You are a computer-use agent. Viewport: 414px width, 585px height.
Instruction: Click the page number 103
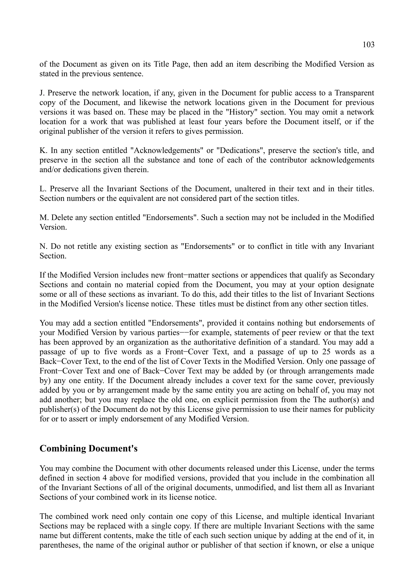point(368,45)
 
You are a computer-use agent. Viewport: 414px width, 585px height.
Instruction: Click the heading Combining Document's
point(88,448)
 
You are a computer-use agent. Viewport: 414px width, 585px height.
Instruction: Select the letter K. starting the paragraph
point(43,151)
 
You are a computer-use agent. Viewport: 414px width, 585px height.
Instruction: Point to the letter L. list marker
point(43,189)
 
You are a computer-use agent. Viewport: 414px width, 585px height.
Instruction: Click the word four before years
point(214,122)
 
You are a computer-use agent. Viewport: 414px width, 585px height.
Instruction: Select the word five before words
point(111,352)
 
